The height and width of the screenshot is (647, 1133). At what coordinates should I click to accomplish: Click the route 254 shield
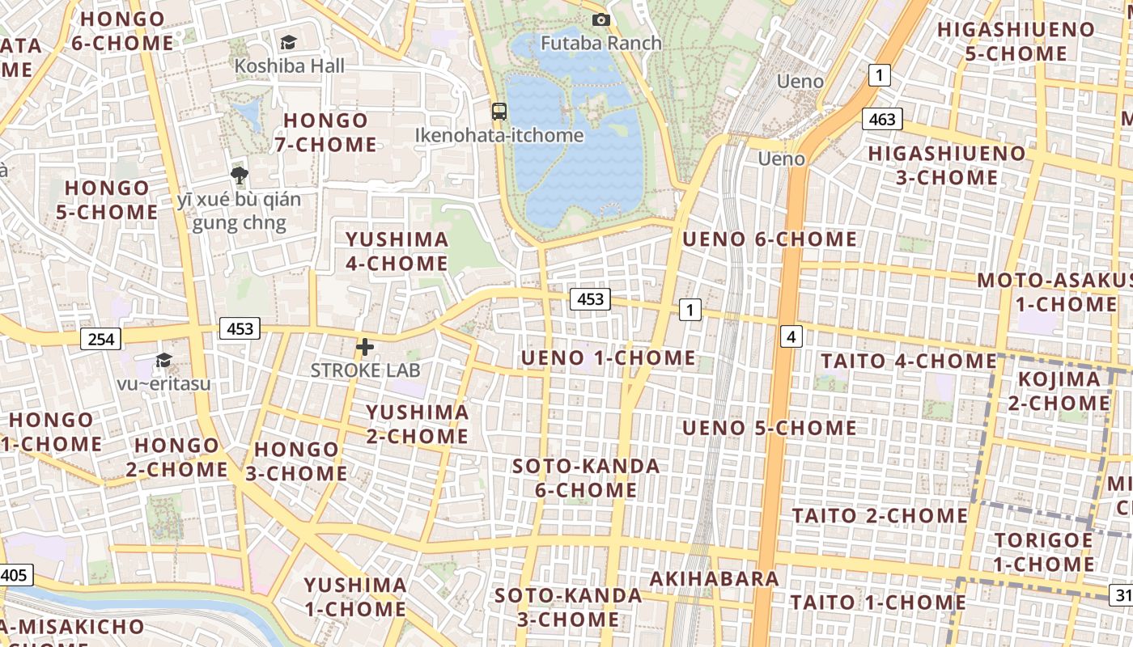click(x=101, y=339)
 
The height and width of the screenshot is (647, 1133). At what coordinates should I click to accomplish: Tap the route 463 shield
click(x=881, y=120)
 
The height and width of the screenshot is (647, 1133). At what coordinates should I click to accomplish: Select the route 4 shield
click(x=791, y=336)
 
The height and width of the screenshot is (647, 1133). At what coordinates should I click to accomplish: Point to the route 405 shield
click(x=14, y=575)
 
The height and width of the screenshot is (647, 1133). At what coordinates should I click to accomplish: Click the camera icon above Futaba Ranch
click(x=600, y=19)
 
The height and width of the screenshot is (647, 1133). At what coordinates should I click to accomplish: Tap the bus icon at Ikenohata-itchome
click(x=499, y=112)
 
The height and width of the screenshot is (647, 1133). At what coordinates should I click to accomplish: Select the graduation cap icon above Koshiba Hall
click(x=288, y=42)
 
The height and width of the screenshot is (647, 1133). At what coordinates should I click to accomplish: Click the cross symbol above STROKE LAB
click(x=365, y=348)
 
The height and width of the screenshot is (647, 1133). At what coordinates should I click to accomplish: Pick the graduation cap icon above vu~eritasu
click(x=163, y=360)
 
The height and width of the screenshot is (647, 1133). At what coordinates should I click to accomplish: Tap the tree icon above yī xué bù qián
click(x=239, y=175)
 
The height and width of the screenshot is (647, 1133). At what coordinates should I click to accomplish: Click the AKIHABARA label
click(x=715, y=578)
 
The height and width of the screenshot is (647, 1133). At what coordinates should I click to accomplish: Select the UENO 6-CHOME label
click(x=770, y=239)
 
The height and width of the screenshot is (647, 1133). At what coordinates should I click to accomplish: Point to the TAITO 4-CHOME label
click(x=909, y=361)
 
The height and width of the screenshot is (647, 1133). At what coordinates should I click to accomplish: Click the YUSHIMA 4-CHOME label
click(x=397, y=251)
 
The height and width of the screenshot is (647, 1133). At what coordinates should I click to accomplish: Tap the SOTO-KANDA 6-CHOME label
click(x=586, y=478)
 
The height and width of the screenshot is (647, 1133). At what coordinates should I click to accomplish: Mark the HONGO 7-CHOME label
click(x=325, y=133)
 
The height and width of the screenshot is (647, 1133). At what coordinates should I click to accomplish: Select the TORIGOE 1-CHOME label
click(x=1043, y=552)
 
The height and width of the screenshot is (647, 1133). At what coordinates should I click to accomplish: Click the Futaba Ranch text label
click(x=600, y=43)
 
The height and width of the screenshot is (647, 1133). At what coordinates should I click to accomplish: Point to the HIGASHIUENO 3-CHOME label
click(x=946, y=165)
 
